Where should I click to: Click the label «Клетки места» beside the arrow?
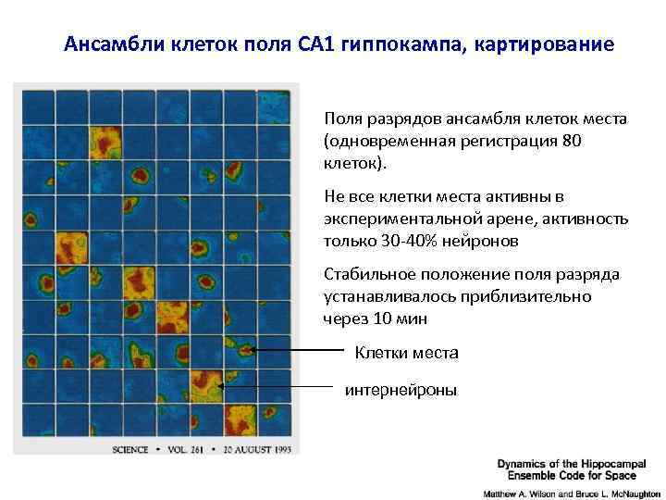(x=406, y=353)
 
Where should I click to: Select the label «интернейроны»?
(x=401, y=391)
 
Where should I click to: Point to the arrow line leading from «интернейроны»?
(x=277, y=385)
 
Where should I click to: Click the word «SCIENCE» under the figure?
(x=129, y=451)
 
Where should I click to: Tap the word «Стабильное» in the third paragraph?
(x=367, y=275)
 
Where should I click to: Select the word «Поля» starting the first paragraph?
(x=340, y=119)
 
